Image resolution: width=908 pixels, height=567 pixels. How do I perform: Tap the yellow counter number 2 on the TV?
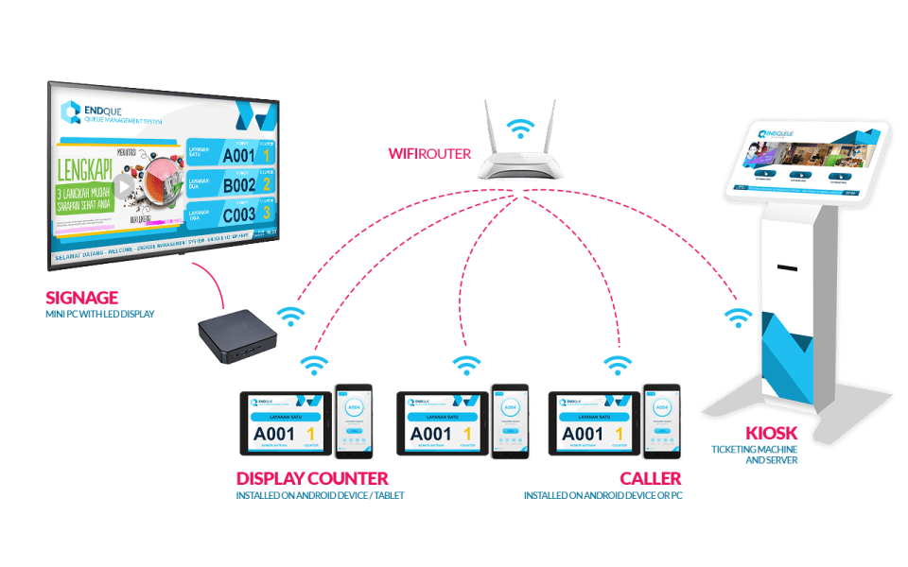(268, 184)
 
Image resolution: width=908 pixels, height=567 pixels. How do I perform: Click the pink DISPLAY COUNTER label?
(311, 479)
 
